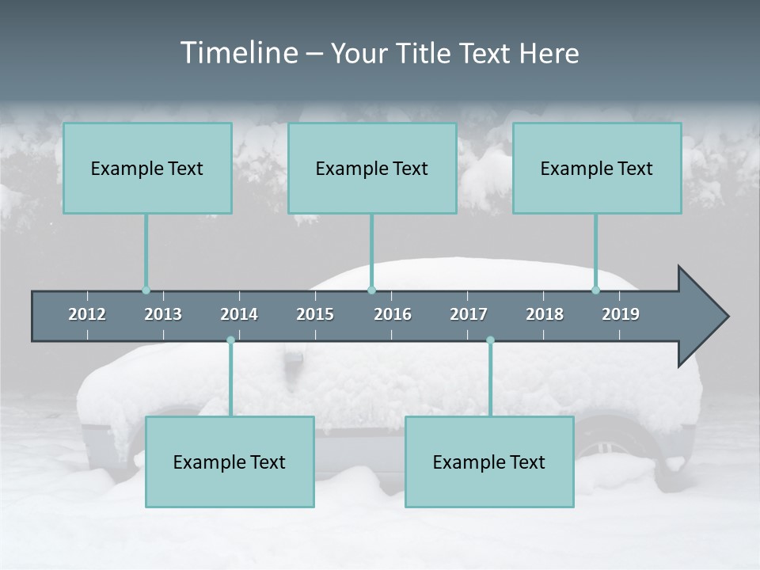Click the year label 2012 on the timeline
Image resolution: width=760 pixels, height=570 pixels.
87,314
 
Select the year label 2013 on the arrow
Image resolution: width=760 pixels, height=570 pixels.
163,314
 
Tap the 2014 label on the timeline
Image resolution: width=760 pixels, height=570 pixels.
239,314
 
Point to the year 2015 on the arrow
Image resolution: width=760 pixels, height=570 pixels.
315,314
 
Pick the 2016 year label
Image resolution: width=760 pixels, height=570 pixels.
393,314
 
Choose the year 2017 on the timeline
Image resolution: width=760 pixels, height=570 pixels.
469,314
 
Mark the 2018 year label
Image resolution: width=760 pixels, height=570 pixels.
545,314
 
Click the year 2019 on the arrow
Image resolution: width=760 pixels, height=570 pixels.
621,314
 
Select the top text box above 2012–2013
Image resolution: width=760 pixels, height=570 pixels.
147,169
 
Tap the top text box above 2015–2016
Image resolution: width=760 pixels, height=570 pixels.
372,169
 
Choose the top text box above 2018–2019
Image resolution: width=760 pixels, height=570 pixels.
597,169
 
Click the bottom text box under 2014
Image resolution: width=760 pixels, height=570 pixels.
230,462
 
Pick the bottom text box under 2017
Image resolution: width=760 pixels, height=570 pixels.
489,462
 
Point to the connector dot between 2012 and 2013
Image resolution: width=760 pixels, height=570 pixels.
146,290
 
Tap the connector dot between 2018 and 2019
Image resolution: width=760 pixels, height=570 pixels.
596,290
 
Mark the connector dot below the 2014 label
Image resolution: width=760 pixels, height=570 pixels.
230,340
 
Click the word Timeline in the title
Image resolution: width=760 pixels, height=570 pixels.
238,53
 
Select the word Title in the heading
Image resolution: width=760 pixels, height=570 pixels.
424,53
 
